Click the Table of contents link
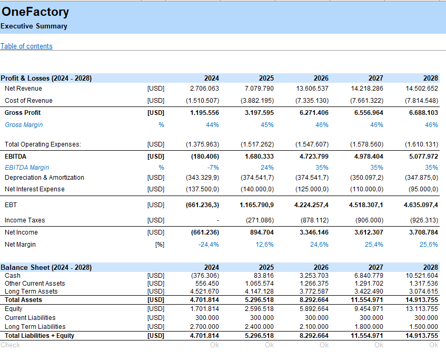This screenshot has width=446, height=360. click(26, 46)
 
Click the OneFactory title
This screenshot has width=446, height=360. click(35, 12)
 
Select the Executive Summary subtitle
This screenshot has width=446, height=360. click(34, 26)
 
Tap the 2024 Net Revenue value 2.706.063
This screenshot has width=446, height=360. click(204, 89)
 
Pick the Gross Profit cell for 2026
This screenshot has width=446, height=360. click(314, 113)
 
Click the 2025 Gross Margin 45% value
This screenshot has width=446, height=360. click(267, 125)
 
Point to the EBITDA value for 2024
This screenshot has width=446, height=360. click(205, 157)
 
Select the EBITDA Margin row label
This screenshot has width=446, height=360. click(27, 168)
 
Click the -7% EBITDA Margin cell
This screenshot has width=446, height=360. click(213, 168)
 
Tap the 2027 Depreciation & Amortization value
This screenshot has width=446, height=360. click(366, 178)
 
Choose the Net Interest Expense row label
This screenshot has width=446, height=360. click(35, 189)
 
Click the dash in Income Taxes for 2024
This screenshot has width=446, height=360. click(218, 220)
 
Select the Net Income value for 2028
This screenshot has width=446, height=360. click(423, 232)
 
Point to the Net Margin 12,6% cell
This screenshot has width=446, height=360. click(264, 245)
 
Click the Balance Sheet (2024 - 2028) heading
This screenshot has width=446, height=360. click(46, 267)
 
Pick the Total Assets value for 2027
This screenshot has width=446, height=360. click(367, 300)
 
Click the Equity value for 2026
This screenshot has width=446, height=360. click(314, 309)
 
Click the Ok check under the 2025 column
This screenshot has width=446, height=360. click(270, 345)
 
